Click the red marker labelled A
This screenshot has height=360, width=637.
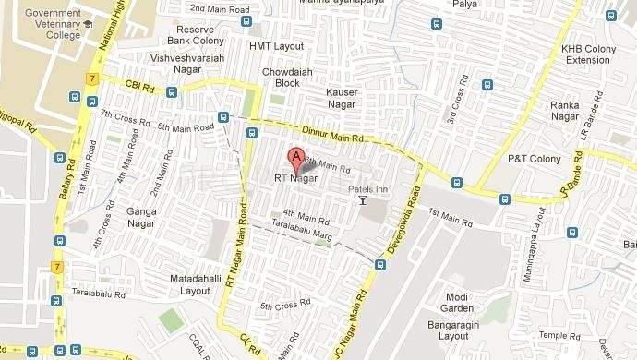point(296,158)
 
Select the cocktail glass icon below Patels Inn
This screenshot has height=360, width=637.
point(363,200)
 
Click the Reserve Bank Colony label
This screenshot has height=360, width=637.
point(195,36)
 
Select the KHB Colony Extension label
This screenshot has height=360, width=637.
point(587,54)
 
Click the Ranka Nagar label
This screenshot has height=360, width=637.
point(564,111)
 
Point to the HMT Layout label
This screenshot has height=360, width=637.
point(276,45)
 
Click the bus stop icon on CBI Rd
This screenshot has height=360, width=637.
point(172,91)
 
